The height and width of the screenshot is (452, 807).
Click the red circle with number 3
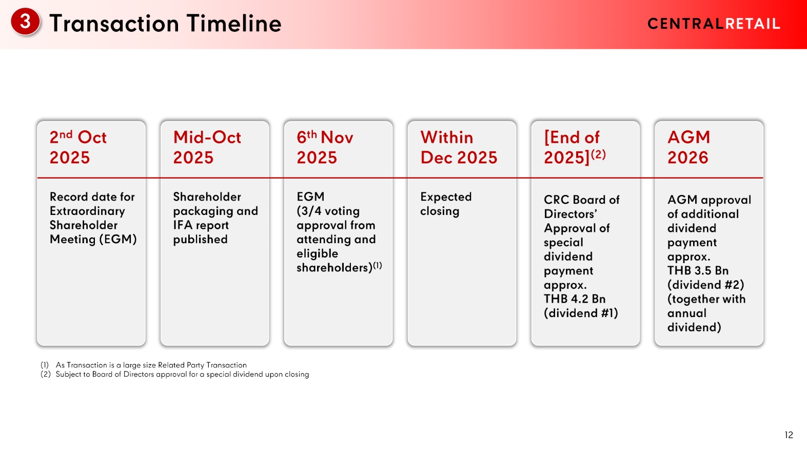(25, 22)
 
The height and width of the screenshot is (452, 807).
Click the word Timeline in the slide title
(234, 24)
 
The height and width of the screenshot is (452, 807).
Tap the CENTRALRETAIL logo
(714, 24)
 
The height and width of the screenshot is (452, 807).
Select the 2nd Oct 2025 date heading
(78, 147)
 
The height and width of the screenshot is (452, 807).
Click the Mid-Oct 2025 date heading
(207, 147)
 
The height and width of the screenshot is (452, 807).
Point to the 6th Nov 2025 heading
(325, 147)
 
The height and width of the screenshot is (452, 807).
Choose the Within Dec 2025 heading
(459, 147)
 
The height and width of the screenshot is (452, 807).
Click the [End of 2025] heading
(575, 147)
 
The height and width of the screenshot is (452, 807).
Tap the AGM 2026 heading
(688, 147)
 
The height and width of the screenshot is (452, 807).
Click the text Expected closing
(446, 204)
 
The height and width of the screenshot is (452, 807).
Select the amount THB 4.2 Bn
(574, 299)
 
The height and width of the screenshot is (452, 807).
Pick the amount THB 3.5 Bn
(698, 270)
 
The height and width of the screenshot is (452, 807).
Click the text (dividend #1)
(581, 313)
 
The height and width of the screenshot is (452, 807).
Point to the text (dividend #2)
(705, 285)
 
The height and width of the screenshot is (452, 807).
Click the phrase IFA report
(201, 225)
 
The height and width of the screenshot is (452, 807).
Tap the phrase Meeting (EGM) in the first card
(93, 240)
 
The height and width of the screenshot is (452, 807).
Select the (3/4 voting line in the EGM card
(328, 211)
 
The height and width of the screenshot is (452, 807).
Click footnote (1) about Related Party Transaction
(143, 365)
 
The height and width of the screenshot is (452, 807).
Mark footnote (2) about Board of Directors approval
(175, 374)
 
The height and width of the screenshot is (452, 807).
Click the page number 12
(789, 435)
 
